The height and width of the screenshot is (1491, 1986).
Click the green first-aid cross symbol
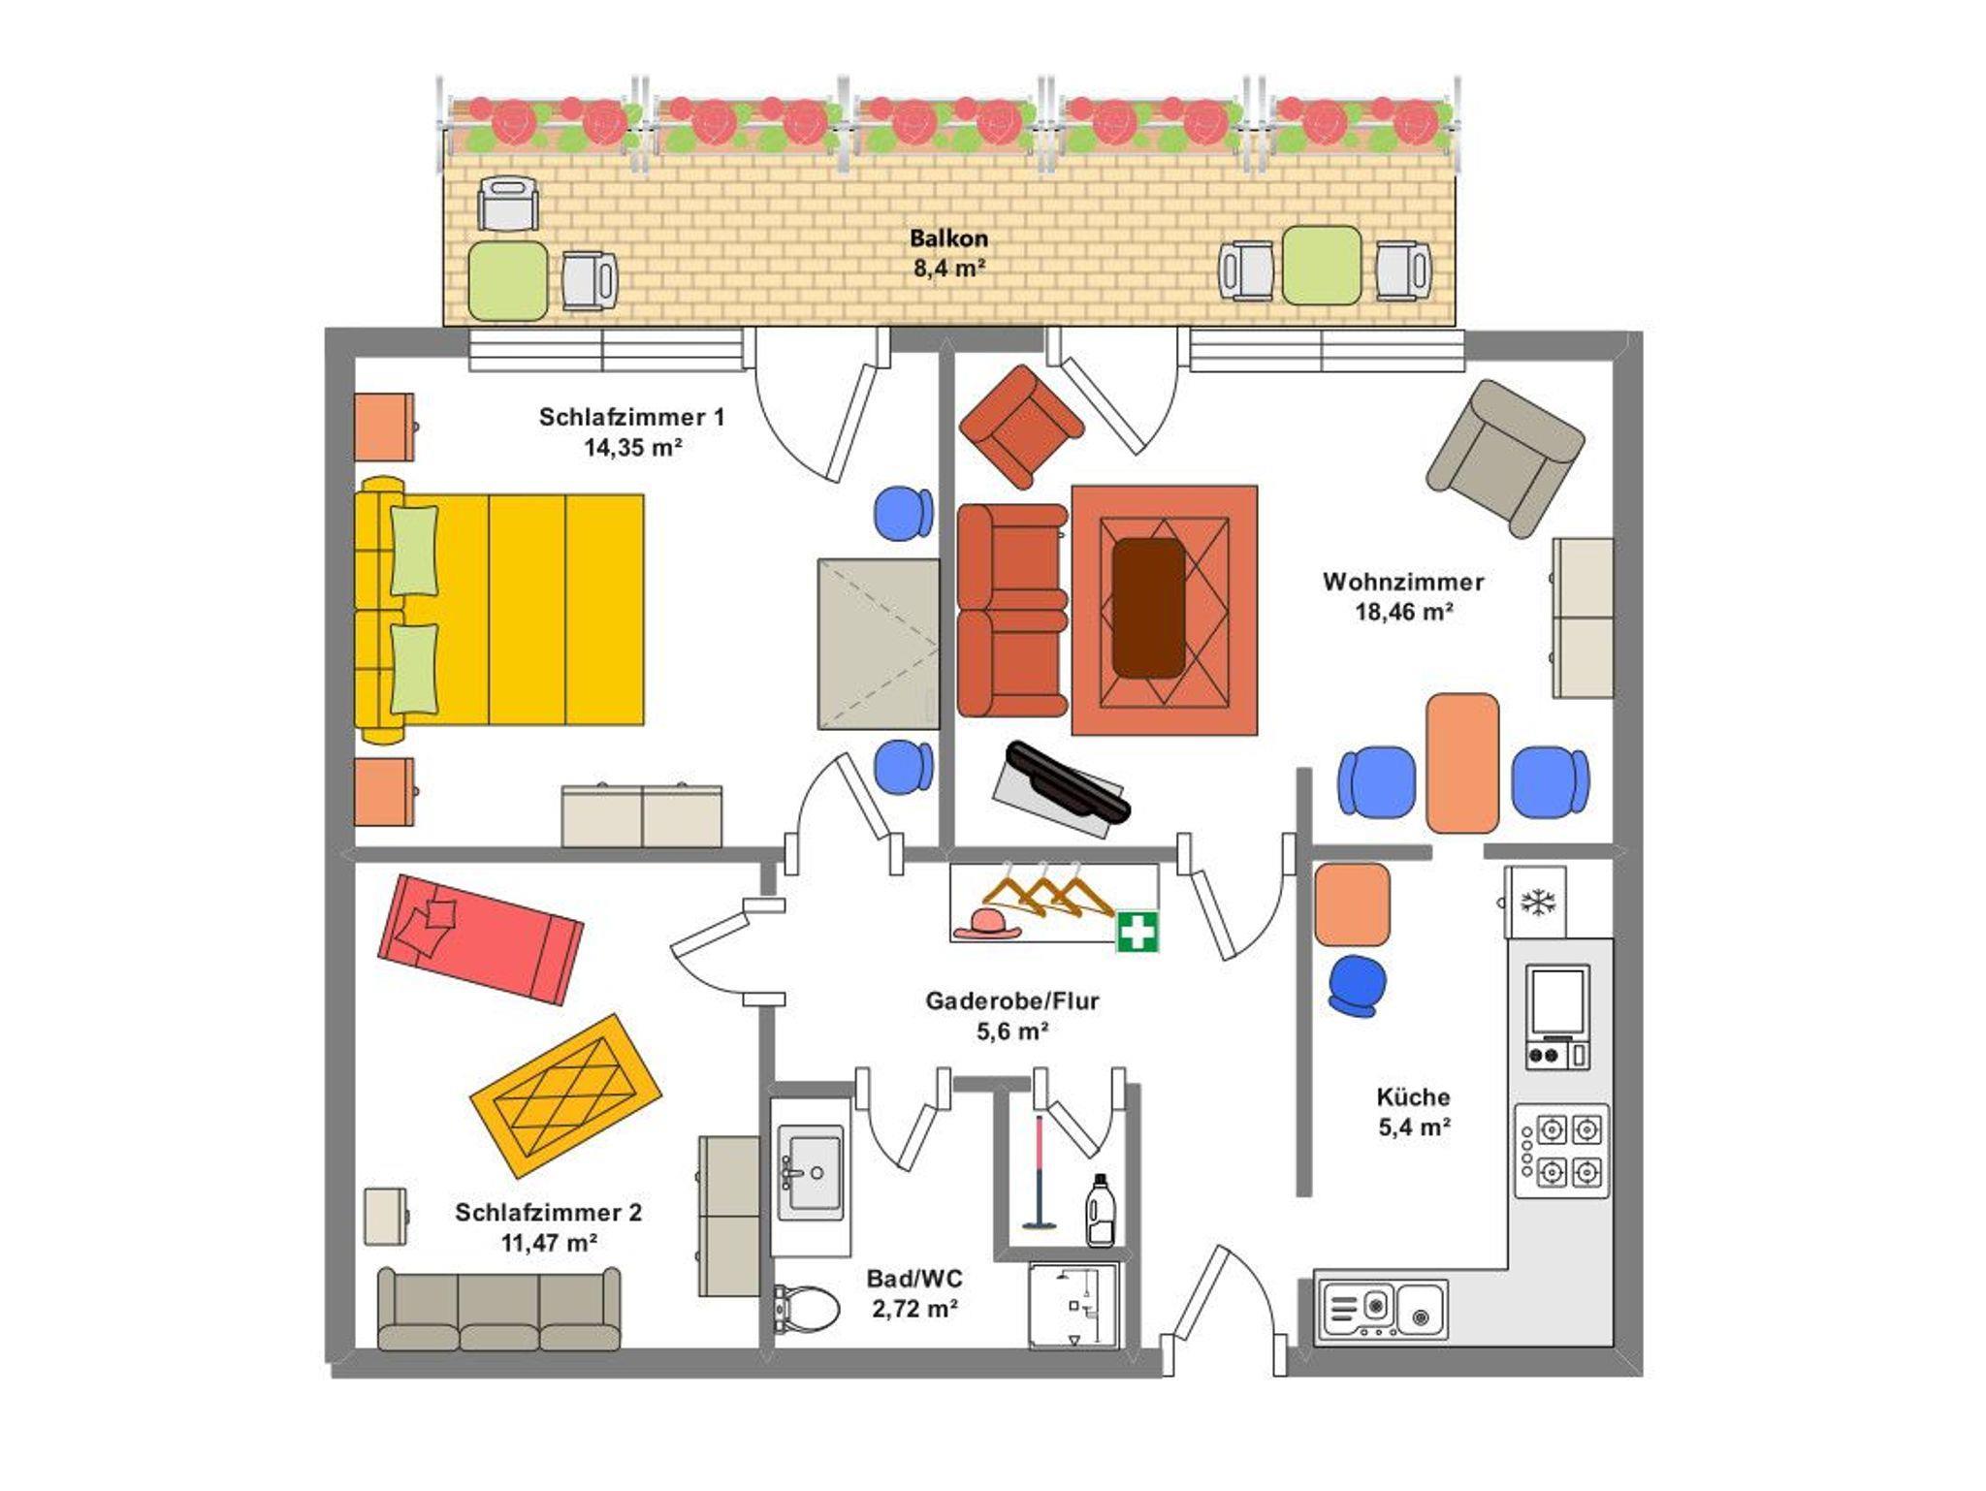(1137, 933)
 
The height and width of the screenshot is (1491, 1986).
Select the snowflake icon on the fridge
(1537, 903)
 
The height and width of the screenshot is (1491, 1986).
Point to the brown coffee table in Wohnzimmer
(1149, 608)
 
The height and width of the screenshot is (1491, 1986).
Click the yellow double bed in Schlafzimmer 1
(499, 611)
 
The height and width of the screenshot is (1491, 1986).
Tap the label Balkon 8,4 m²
(948, 253)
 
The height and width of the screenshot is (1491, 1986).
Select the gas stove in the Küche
(1560, 1151)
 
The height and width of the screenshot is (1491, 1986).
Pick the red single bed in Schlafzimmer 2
(480, 939)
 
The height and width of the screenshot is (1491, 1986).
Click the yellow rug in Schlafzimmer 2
(566, 1095)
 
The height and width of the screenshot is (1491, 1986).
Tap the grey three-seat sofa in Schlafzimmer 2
(499, 1309)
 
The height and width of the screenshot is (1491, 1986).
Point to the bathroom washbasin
(811, 1172)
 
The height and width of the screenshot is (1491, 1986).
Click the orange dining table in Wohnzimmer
(1462, 763)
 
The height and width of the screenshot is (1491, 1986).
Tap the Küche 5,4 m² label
(1414, 1112)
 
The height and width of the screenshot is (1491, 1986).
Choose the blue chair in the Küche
(1358, 986)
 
